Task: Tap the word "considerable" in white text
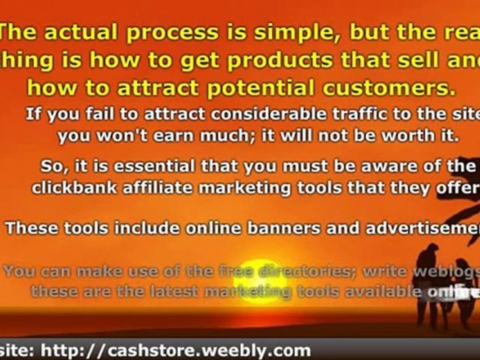[254, 114]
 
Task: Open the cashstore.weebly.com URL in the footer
[175, 350]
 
